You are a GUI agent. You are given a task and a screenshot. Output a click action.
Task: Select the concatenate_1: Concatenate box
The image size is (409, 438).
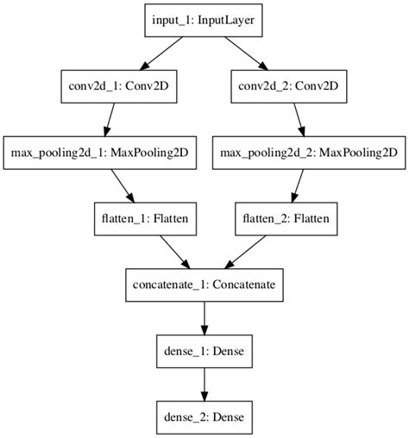click(x=204, y=284)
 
